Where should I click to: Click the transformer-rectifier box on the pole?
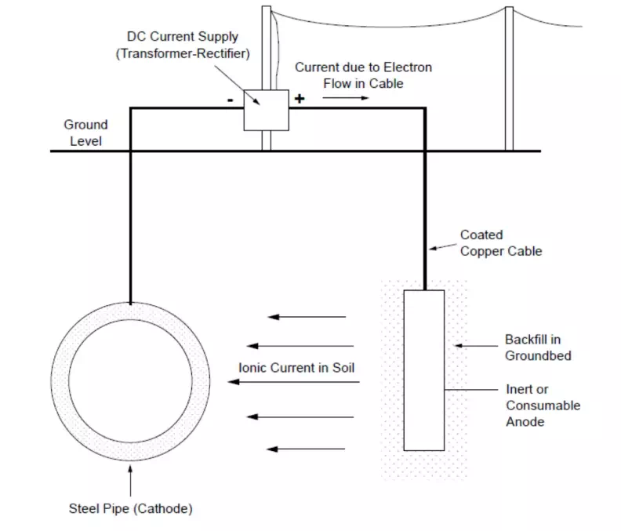267,109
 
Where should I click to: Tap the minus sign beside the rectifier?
229,100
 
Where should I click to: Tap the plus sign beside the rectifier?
299,99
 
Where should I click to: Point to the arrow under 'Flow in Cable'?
356,98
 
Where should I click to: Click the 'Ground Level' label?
85,133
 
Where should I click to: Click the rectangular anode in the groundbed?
423,369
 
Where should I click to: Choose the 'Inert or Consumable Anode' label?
543,406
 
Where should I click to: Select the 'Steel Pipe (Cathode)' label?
130,508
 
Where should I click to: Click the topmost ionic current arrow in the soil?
307,317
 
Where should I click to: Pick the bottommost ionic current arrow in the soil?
307,449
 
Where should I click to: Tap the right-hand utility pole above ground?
509,78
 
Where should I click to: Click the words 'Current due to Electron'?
363,67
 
